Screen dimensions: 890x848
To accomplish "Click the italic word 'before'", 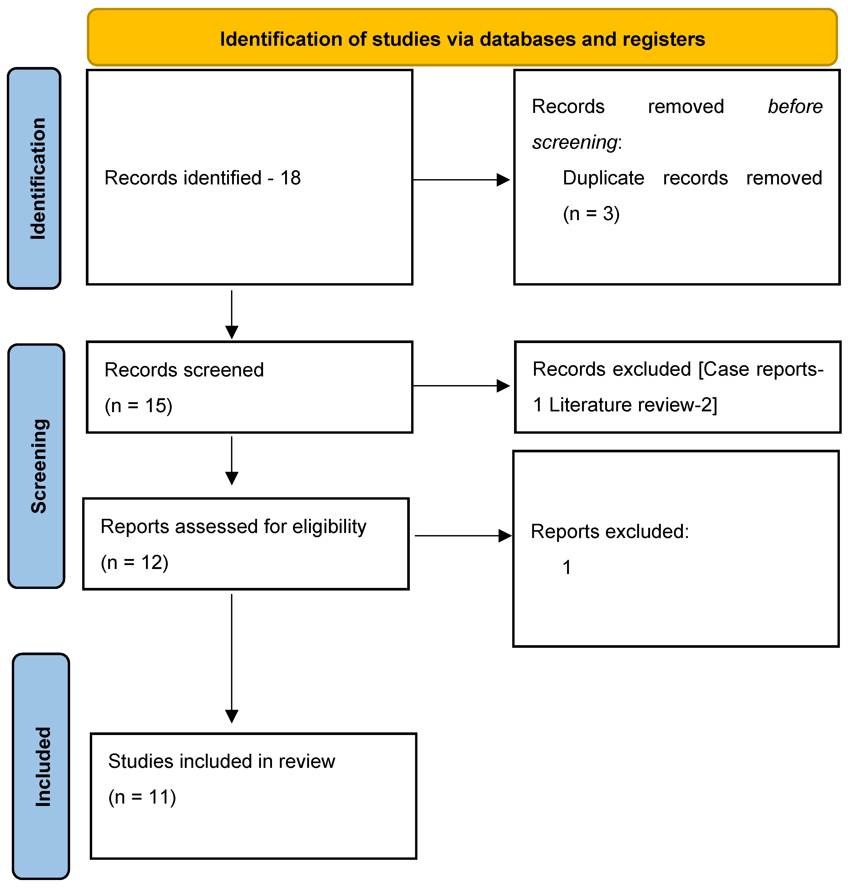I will [795, 107].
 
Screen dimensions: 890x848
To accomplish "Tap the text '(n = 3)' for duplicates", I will [591, 214].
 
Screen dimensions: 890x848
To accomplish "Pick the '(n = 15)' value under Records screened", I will [138, 406].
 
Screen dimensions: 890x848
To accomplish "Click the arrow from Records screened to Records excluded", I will [461, 386].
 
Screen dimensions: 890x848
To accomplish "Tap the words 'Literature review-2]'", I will [633, 405].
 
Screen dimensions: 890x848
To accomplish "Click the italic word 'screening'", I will [574, 142].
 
